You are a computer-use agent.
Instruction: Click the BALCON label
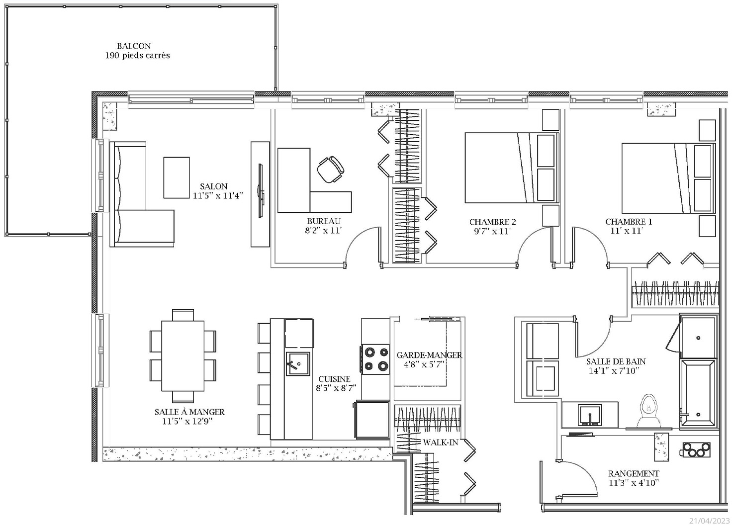pyautogui.click(x=134, y=46)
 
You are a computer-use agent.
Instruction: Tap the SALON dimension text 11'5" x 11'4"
pyautogui.click(x=218, y=196)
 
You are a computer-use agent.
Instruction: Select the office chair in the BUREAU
pyautogui.click(x=331, y=170)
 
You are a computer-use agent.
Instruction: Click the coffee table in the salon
pyautogui.click(x=177, y=178)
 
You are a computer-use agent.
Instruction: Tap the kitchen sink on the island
pyautogui.click(x=298, y=364)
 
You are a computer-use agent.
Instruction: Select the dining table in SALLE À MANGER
pyautogui.click(x=183, y=355)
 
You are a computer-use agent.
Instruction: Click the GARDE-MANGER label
pyautogui.click(x=429, y=355)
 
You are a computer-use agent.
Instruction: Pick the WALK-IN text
pyautogui.click(x=441, y=442)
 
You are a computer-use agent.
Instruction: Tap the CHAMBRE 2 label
pyautogui.click(x=492, y=222)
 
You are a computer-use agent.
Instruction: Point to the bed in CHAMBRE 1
pyautogui.click(x=669, y=178)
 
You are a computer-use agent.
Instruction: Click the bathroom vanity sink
pyautogui.click(x=590, y=415)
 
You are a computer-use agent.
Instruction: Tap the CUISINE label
pyautogui.click(x=334, y=379)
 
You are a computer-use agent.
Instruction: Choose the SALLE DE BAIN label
pyautogui.click(x=616, y=361)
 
